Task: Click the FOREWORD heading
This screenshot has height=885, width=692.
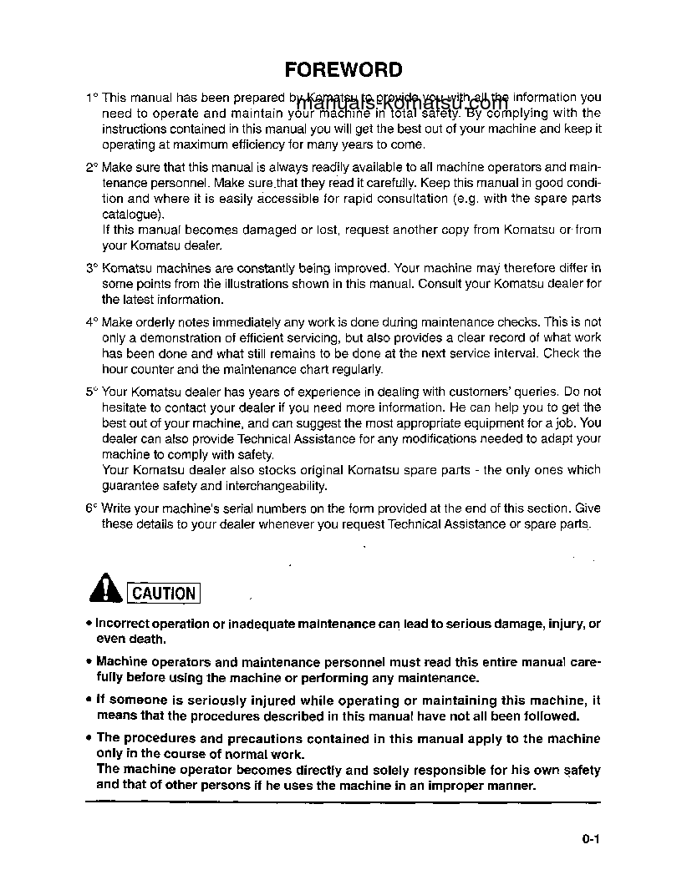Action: tap(343, 69)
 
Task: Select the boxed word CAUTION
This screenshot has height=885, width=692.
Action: tap(164, 594)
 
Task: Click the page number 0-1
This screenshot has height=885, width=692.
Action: tap(592, 841)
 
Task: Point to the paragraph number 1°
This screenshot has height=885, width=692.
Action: tap(91, 99)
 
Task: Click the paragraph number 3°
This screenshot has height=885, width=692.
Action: tap(91, 269)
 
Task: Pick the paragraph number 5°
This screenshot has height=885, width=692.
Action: tap(91, 392)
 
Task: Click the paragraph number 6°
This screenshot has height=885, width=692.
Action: tap(91, 508)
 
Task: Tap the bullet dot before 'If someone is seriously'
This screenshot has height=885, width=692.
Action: tap(89, 701)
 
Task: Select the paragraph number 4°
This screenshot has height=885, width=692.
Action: tap(91, 322)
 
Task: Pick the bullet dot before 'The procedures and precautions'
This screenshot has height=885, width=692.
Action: tap(89, 739)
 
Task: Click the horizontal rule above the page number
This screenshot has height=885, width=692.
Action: tap(343, 802)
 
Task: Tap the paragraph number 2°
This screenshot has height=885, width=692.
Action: tap(91, 168)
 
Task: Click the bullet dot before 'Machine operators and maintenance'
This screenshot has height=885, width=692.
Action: tap(89, 663)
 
